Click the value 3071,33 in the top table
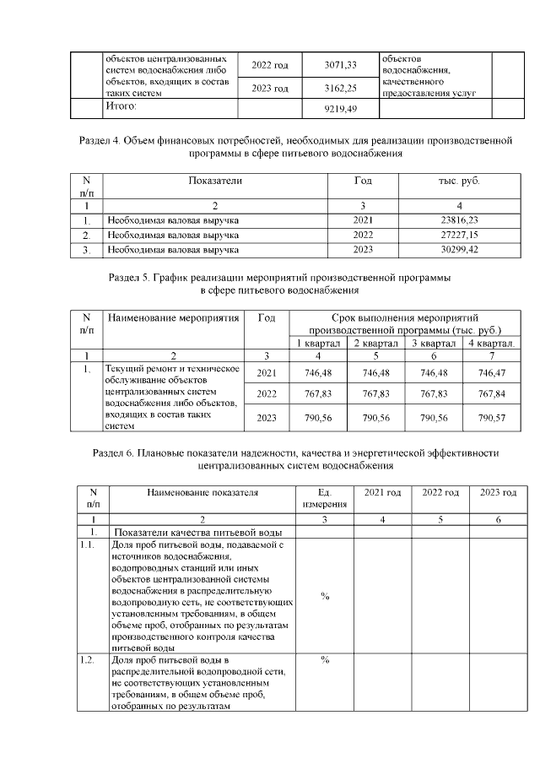click(341, 65)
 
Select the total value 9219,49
click(341, 109)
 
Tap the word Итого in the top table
click(120, 106)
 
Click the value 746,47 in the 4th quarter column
click(495, 372)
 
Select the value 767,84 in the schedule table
click(495, 394)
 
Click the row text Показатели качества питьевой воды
click(192, 533)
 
